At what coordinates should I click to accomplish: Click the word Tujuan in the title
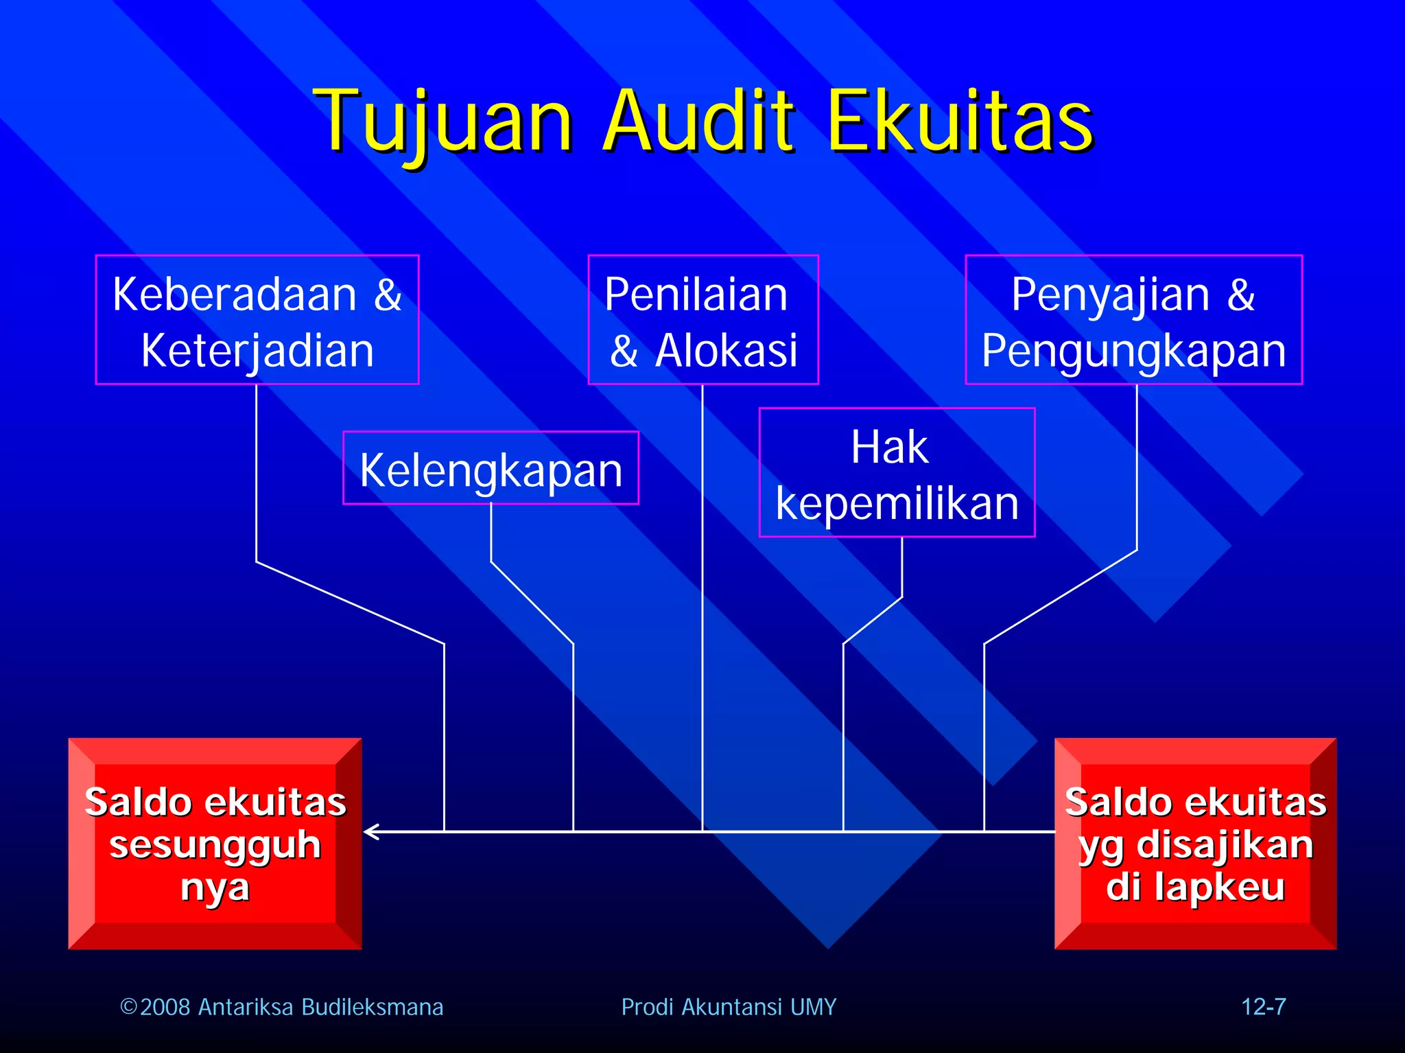point(442,121)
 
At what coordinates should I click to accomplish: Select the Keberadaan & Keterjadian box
point(257,320)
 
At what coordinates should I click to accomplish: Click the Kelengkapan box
point(491,469)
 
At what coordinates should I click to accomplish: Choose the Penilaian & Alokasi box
point(703,320)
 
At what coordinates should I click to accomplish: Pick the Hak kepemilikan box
point(897,473)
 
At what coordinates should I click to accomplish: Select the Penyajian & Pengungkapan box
point(1133,320)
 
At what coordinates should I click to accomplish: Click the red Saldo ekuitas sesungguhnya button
point(215,844)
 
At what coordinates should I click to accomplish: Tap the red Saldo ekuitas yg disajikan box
point(1195,844)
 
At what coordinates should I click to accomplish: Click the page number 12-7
point(1263,1007)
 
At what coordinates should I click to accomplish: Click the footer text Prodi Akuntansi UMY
point(729,1007)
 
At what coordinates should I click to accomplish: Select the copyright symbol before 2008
point(128,1007)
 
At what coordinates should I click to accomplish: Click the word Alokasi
point(726,351)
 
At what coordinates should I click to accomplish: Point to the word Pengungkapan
point(1133,351)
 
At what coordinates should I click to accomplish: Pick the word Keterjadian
point(257,351)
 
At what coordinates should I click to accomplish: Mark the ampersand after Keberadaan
point(388,294)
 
